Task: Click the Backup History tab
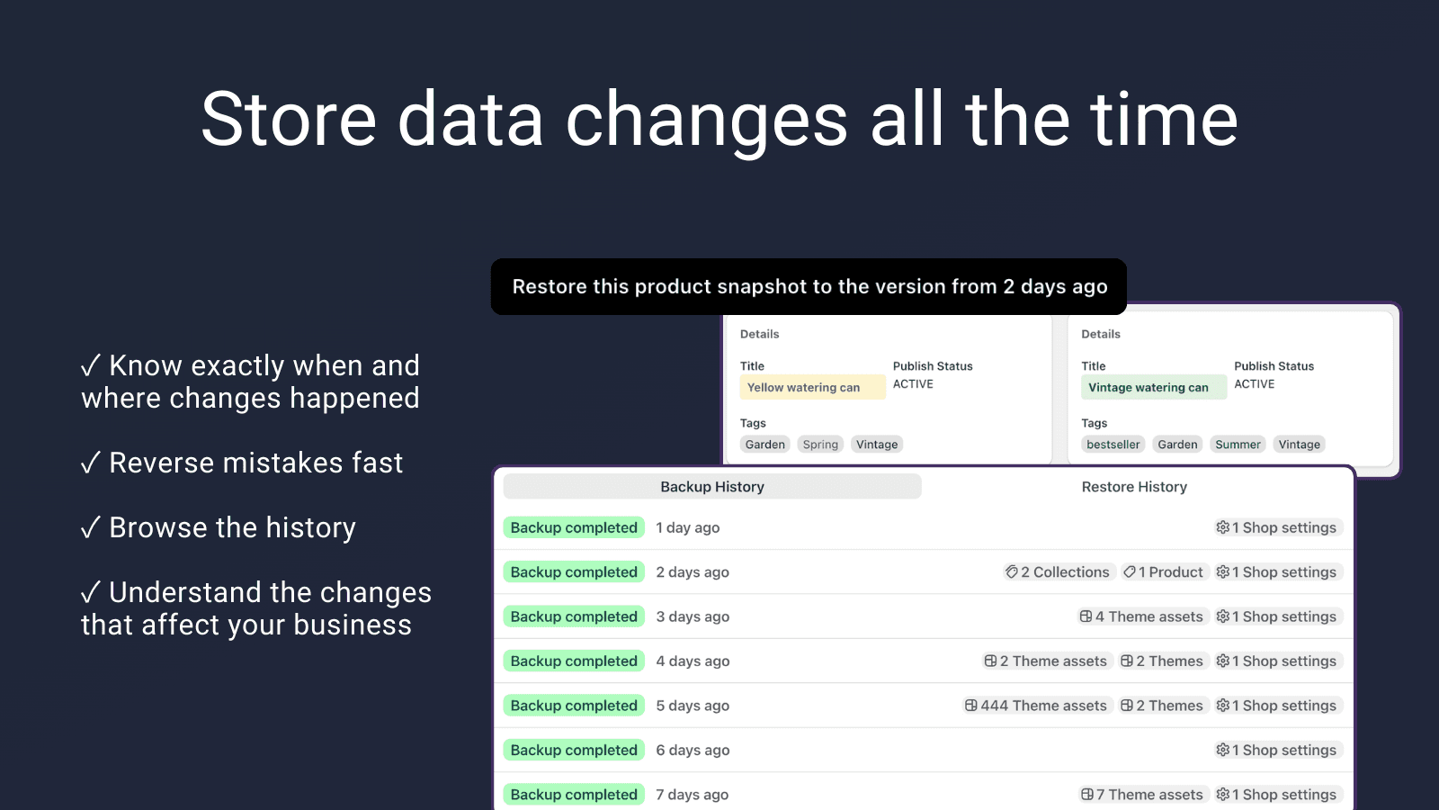click(712, 487)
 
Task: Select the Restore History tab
click(1134, 487)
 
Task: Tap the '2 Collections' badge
click(1058, 572)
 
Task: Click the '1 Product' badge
click(1164, 572)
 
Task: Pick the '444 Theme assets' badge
click(1036, 706)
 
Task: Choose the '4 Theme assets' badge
click(1141, 616)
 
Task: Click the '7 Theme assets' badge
click(1141, 795)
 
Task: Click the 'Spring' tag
click(820, 445)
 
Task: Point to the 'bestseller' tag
click(1113, 445)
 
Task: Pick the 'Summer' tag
click(1238, 445)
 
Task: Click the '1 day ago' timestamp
click(688, 528)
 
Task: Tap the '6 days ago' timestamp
click(693, 751)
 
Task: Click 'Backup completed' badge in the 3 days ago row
click(574, 616)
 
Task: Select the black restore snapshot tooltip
click(809, 287)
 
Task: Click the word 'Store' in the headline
click(288, 120)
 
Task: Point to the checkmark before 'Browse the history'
click(90, 528)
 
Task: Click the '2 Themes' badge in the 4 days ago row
click(1162, 661)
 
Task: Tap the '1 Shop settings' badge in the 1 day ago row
click(1277, 528)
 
